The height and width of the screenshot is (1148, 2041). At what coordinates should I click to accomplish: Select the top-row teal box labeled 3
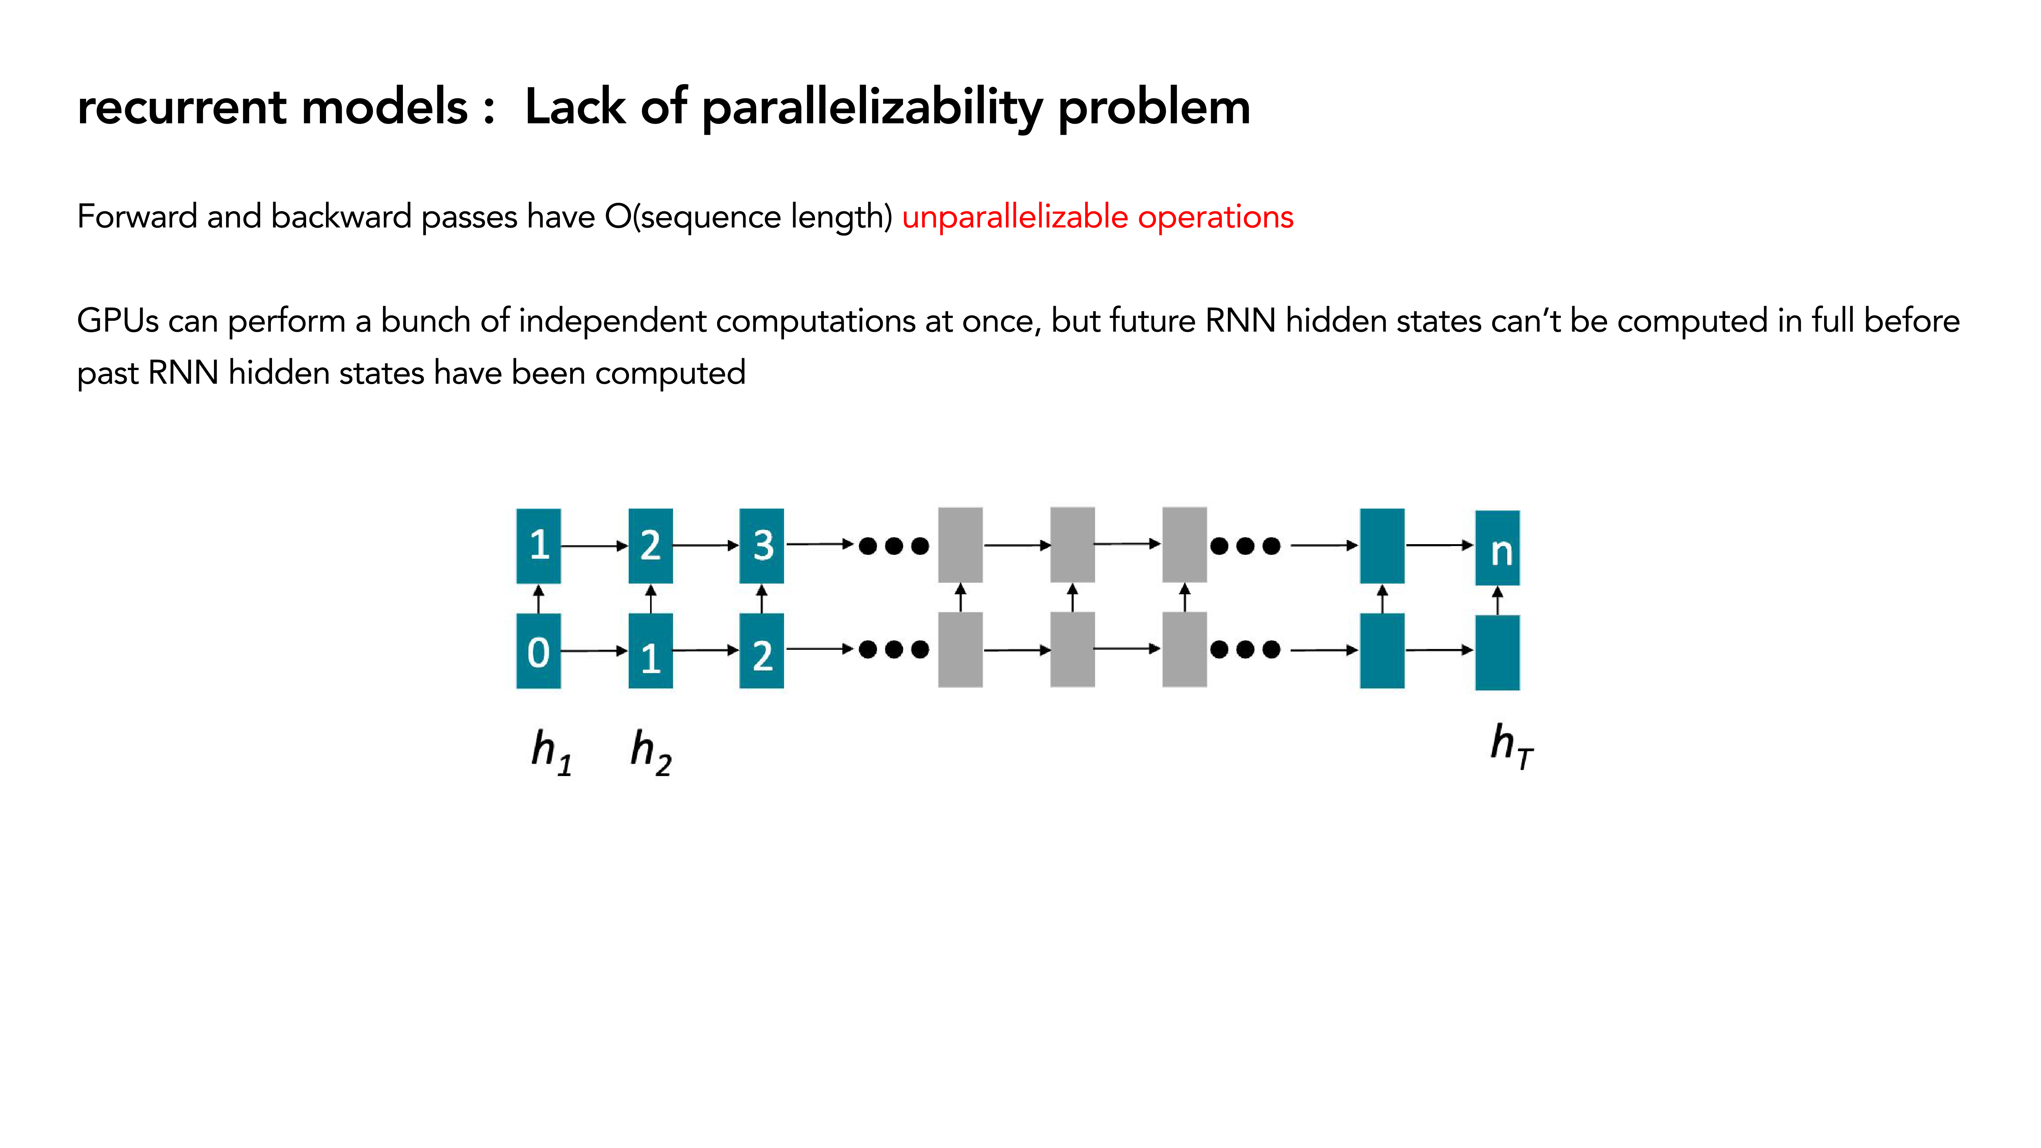(761, 546)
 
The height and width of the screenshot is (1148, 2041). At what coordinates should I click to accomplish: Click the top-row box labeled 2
(650, 546)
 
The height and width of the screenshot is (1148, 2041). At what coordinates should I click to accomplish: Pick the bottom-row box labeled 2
(761, 651)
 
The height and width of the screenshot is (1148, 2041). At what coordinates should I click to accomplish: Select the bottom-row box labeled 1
(650, 651)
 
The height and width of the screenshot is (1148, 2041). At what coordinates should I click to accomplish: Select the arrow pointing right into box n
(1439, 545)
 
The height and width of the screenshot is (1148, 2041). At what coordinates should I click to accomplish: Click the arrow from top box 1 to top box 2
(594, 546)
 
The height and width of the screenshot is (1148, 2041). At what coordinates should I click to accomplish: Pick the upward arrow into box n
(1498, 600)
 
